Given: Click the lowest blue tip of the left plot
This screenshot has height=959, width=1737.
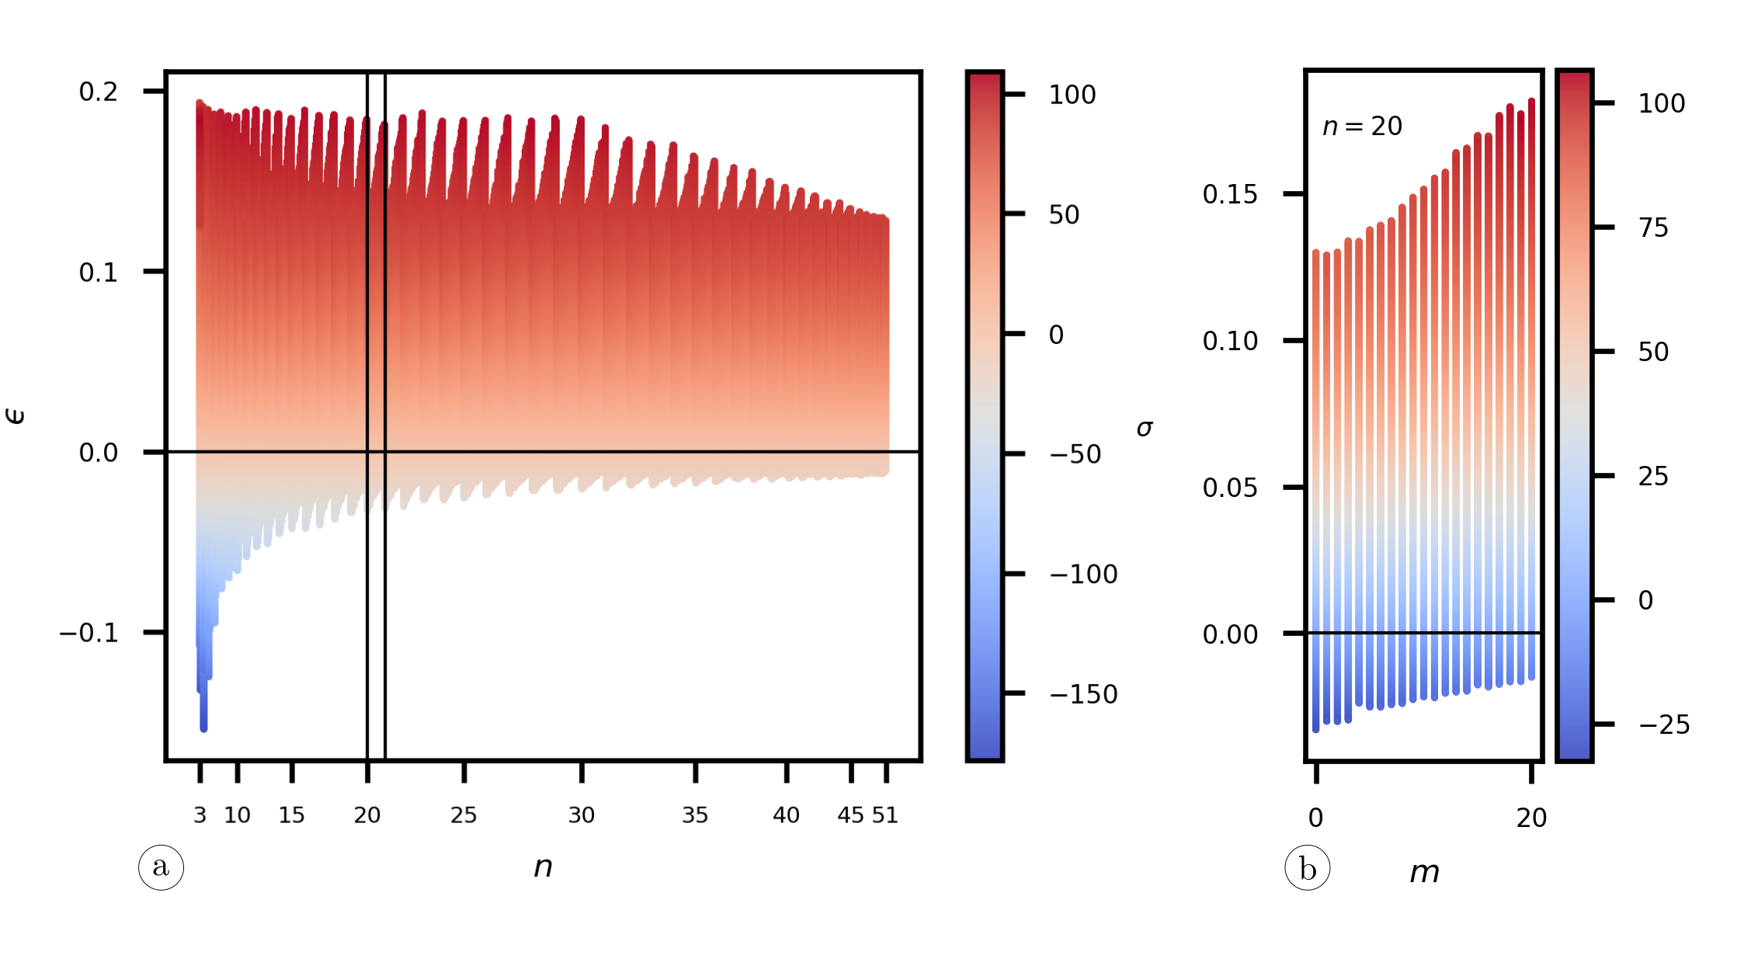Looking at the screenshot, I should [x=203, y=729].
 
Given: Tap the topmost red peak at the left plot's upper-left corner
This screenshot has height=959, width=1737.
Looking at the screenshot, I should [x=200, y=102].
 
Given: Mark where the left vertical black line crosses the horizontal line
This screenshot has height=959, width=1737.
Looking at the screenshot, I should [x=367, y=451].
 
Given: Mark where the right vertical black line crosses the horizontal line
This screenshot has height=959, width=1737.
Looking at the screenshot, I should [x=385, y=451].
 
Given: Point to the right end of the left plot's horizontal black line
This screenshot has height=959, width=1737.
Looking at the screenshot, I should [x=889, y=451].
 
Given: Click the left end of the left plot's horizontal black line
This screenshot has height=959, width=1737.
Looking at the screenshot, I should [x=197, y=451].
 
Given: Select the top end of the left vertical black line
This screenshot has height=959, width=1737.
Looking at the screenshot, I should [x=367, y=118].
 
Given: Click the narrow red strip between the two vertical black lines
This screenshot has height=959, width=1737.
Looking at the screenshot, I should [x=377, y=311].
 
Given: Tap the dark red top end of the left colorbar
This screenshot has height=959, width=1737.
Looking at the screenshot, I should [x=985, y=78].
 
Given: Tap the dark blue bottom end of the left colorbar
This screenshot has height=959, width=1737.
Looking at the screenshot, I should [x=985, y=754].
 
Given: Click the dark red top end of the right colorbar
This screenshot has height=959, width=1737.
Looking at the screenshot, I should [x=1574, y=76].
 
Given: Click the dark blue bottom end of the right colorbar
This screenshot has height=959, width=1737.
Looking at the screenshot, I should [x=1574, y=755].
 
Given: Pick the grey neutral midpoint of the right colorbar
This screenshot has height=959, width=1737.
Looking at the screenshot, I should [x=1574, y=415].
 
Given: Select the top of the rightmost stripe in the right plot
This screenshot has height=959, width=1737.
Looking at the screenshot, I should [x=1531, y=100].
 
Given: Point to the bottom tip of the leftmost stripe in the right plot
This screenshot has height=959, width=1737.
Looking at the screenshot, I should [x=1316, y=730].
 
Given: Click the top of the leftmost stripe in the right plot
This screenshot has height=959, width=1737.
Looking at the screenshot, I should [x=1316, y=252].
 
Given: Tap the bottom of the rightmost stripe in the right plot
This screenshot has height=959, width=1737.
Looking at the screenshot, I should [x=1531, y=678].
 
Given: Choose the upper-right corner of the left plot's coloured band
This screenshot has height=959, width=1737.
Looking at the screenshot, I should [x=888, y=220].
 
